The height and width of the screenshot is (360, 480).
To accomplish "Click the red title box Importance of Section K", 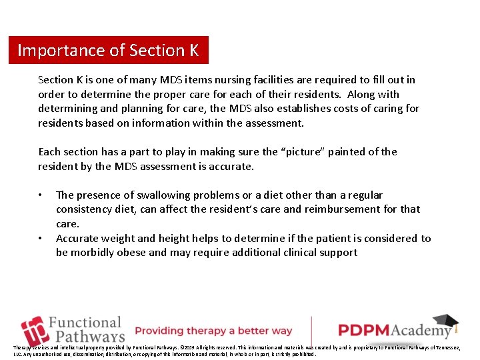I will point(108,50).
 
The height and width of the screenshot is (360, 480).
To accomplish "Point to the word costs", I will point(351,109).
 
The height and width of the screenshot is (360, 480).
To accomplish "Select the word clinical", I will point(297,253).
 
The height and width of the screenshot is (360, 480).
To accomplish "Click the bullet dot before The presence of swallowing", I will point(41,195).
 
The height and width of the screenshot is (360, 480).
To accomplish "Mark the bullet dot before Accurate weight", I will point(41,239).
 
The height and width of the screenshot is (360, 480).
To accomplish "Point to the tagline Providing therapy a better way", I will point(214,331).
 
